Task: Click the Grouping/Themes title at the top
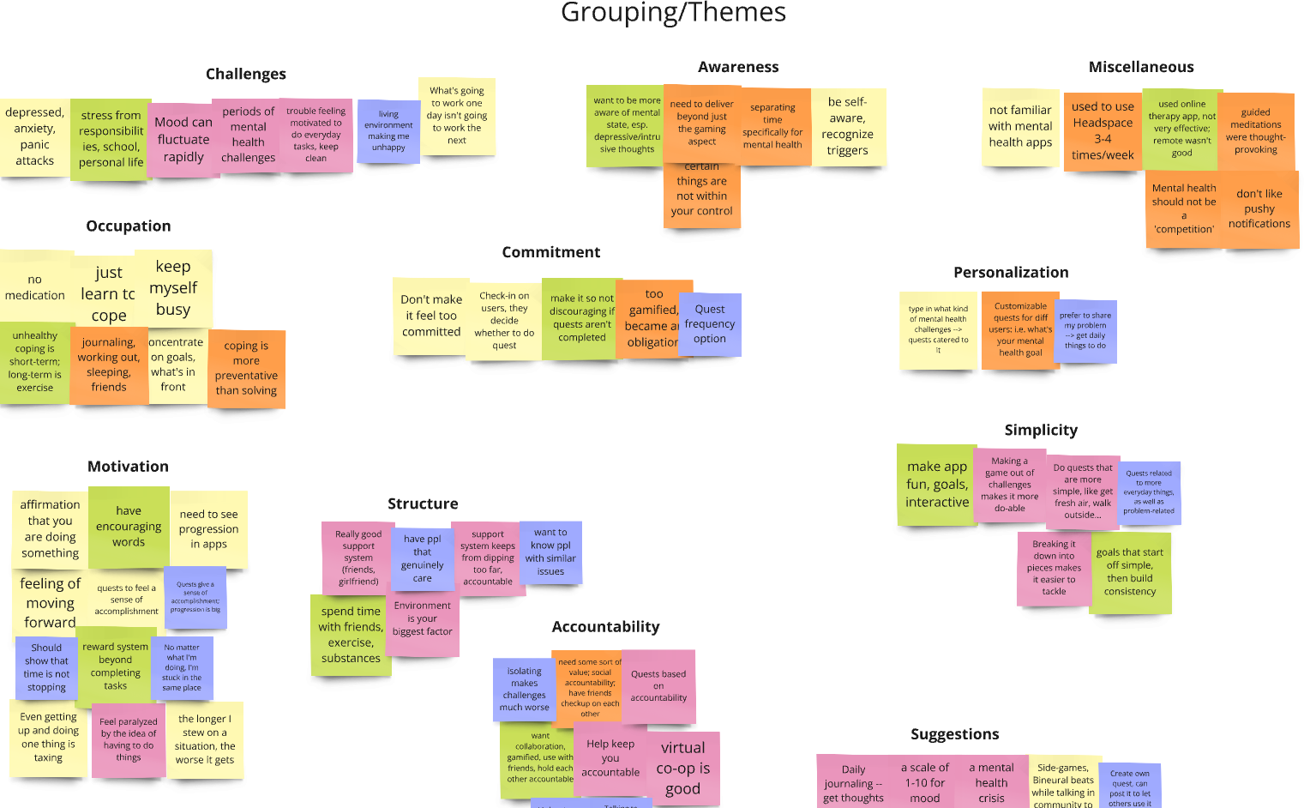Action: [673, 13]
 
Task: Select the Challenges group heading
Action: [246, 74]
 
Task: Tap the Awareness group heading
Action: [738, 67]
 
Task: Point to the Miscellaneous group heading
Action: [1141, 67]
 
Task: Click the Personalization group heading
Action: [1011, 272]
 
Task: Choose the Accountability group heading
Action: [605, 626]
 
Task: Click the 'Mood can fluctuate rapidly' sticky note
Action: [183, 140]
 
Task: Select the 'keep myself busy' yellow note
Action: [173, 288]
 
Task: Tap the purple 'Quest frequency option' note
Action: [710, 324]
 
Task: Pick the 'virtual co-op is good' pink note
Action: [683, 768]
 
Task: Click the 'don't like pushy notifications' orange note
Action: [1259, 209]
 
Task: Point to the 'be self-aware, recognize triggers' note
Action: [848, 126]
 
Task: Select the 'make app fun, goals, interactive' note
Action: [936, 485]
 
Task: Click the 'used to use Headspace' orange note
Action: [1103, 131]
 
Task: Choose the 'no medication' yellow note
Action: [35, 287]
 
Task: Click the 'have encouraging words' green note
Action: [129, 527]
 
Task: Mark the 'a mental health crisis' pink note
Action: [991, 782]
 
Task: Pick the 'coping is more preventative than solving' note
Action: [246, 369]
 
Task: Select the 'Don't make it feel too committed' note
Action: [431, 316]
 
